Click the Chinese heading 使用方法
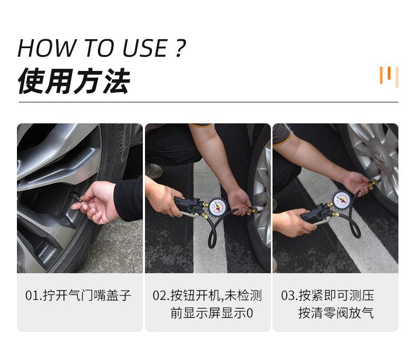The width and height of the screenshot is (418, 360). [x=74, y=81]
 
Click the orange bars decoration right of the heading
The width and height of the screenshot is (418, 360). [x=389, y=76]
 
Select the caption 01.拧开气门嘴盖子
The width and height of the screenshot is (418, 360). [x=78, y=295]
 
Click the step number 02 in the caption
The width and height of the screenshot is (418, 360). [x=160, y=295]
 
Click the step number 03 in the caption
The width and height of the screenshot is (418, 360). [x=287, y=295]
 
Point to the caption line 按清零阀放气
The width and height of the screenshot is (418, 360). [x=336, y=313]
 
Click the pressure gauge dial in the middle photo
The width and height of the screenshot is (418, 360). [x=217, y=208]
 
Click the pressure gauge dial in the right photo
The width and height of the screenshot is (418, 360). [x=342, y=200]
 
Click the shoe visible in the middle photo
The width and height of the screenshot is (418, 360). [x=154, y=170]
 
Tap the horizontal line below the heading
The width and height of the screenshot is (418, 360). [x=208, y=102]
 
